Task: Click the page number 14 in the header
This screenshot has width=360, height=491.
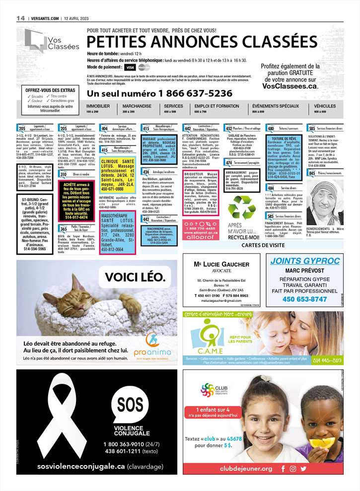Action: [x=20, y=17]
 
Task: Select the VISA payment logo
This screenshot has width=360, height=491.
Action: [x=130, y=67]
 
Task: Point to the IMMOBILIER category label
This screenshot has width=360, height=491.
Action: [x=98, y=106]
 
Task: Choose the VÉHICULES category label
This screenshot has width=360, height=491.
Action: [x=325, y=106]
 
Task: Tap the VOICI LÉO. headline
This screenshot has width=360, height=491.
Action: [x=132, y=277]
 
